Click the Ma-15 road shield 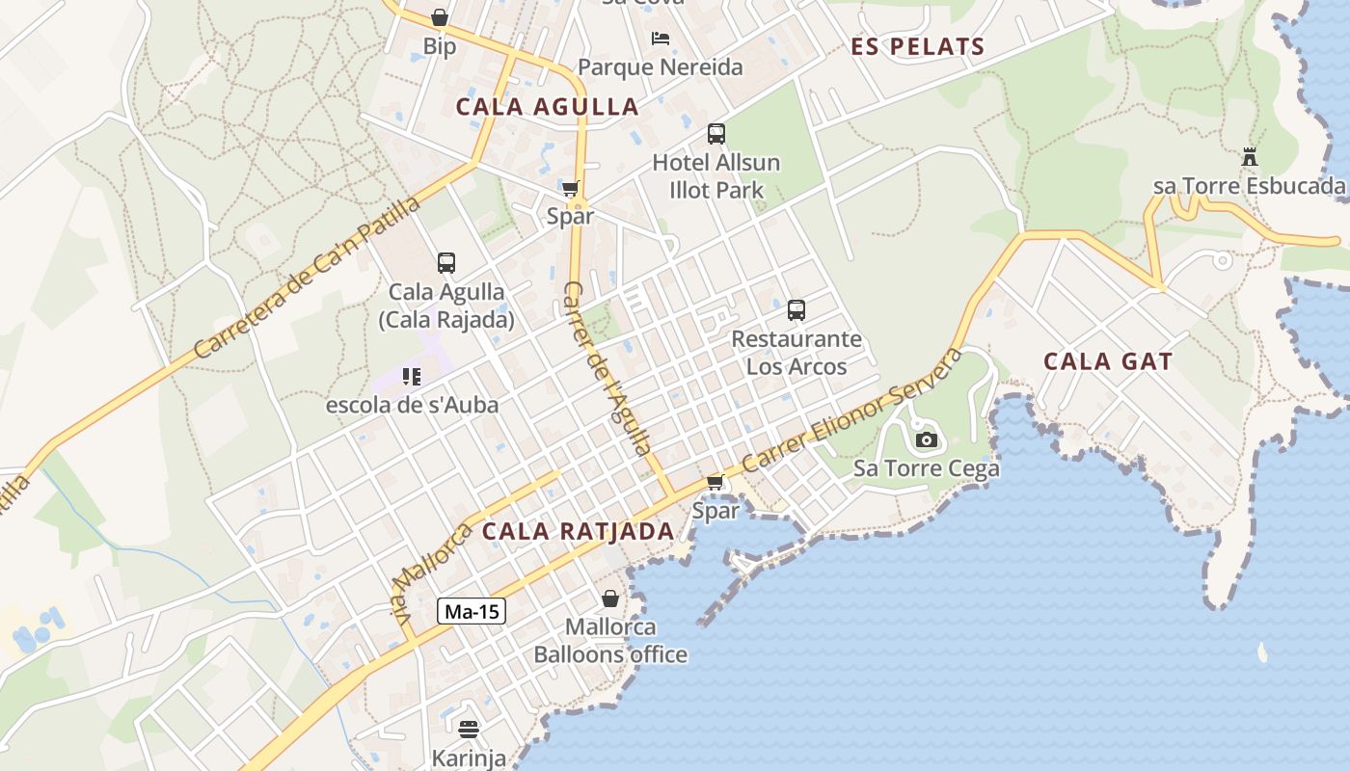[x=472, y=611]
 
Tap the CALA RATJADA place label [x=578, y=531]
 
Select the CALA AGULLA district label [x=547, y=107]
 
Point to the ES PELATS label [x=918, y=46]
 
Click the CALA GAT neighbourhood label [x=1108, y=362]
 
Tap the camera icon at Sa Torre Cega [x=926, y=440]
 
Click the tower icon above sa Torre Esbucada [x=1250, y=157]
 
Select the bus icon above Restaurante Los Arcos [x=796, y=310]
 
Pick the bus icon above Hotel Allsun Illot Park [x=715, y=134]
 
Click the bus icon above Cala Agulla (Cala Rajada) [x=445, y=262]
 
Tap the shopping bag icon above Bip [x=440, y=17]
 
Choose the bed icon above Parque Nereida [x=661, y=39]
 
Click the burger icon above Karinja [x=469, y=730]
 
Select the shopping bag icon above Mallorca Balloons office [x=610, y=598]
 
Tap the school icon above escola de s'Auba [x=412, y=376]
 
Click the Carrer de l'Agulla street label [x=607, y=368]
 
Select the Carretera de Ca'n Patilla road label [x=308, y=279]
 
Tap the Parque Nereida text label [x=661, y=67]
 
